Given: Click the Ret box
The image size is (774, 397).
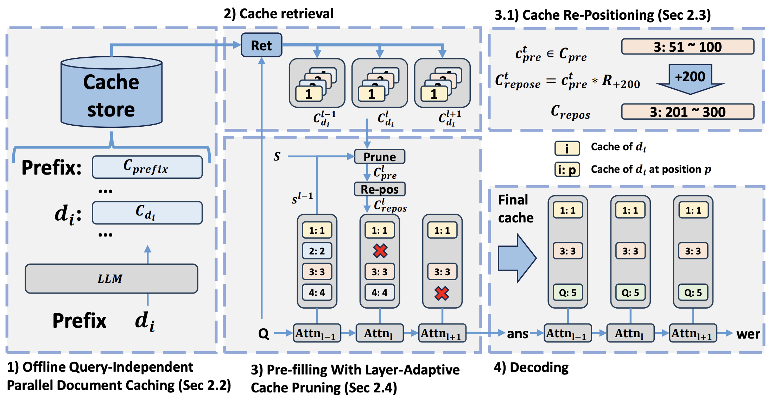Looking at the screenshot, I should tap(261, 45).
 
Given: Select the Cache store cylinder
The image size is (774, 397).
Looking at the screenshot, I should tap(111, 92).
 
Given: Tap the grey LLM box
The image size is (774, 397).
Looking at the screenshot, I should tap(111, 279).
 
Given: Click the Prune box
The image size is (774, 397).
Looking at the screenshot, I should tap(380, 157).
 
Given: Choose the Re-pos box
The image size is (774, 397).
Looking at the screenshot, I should tap(380, 189).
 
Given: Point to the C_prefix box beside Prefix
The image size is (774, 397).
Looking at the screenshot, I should tap(147, 167).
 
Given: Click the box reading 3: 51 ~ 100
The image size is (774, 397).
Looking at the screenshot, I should tap(687, 47).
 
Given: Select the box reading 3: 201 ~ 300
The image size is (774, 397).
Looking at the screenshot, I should tap(687, 112).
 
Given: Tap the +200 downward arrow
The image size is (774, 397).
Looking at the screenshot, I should tap(690, 79).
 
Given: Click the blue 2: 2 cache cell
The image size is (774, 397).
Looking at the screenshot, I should tap(317, 251).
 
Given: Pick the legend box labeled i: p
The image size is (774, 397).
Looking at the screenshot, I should tap(567, 170).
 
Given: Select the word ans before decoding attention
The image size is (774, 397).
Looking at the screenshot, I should tap(518, 333).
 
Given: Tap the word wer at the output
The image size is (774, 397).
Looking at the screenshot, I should tap(748, 334).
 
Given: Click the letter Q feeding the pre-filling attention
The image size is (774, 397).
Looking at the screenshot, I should tap(264, 333).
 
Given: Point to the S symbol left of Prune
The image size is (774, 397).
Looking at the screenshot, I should tap(277, 156).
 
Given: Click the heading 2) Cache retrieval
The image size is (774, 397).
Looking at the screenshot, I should tap(278, 14).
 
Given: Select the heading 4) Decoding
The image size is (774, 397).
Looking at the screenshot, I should tap(531, 367).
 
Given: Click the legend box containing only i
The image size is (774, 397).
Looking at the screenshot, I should tap(567, 148).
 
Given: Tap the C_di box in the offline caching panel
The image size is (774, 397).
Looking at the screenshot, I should tap(147, 213).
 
